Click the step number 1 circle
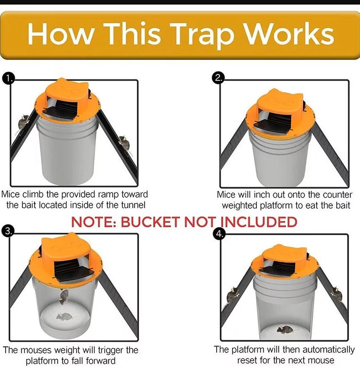(x=9, y=79)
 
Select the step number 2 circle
(x=218, y=78)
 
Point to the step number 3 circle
(x=8, y=231)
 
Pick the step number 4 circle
(x=219, y=234)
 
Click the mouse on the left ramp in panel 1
(x=23, y=122)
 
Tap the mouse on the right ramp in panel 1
(x=124, y=144)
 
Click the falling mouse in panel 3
(x=64, y=296)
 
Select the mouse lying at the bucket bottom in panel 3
(x=64, y=317)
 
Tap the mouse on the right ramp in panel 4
(x=336, y=294)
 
